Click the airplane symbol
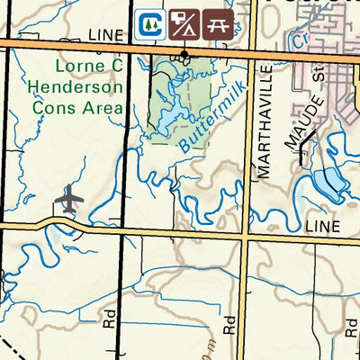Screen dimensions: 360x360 [69, 200]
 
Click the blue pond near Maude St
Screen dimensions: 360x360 [327, 184]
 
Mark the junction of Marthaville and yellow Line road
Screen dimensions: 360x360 [247, 233]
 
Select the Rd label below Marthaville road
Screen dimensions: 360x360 [230, 325]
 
